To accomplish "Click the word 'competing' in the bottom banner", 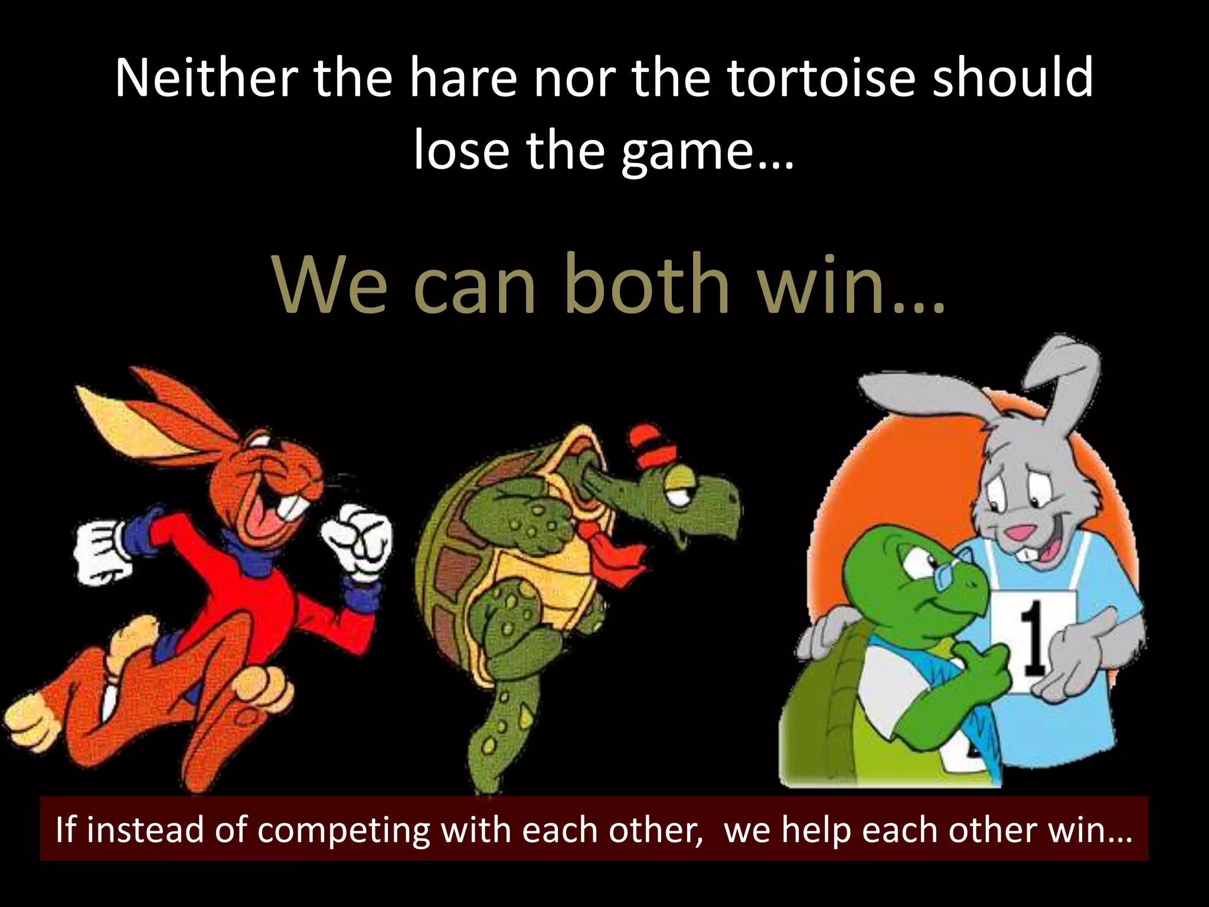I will click(x=343, y=830).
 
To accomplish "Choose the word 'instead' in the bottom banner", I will click(x=145, y=830).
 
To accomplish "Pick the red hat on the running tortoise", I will click(x=653, y=444).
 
